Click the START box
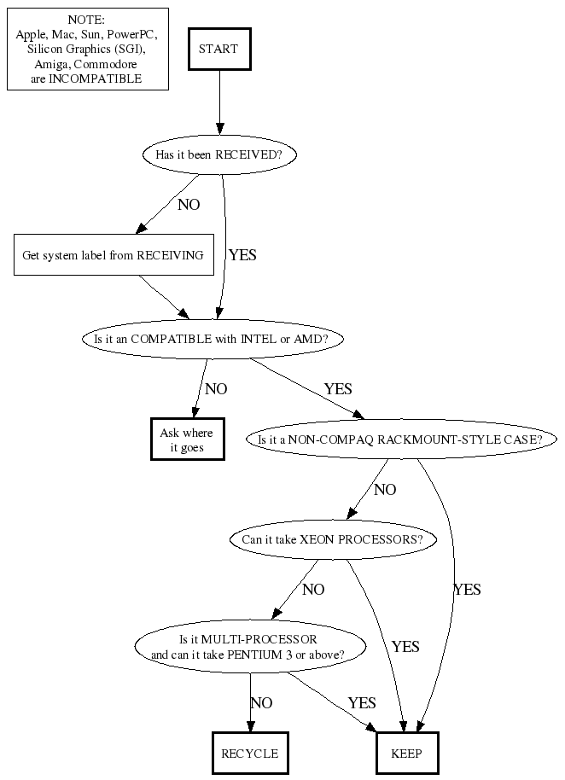218,49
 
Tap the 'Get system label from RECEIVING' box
114,254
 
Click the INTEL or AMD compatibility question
212,339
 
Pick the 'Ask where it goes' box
187,439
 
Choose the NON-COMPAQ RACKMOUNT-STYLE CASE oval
401,439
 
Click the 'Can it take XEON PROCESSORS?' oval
333,539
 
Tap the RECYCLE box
249,754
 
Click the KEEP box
407,754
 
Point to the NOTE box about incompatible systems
87,49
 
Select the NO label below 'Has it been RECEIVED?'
189,205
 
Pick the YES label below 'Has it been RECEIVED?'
242,254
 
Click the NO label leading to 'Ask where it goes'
217,389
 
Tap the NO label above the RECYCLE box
261,703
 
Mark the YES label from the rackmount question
467,590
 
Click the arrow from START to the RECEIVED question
219,102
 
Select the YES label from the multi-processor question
362,703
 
